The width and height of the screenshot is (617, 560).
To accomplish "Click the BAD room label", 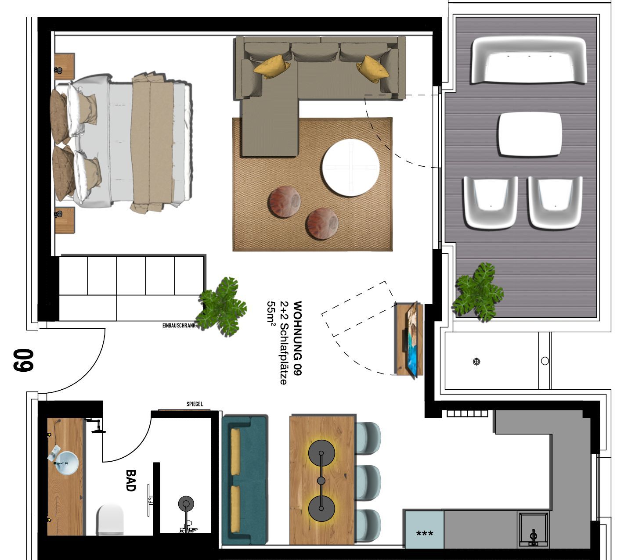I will pos(130,481).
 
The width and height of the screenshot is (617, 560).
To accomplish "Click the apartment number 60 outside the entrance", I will pos(23,361).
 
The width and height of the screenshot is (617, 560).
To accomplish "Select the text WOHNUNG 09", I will pos(297,338).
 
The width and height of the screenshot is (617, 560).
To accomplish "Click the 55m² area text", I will pos(271,312).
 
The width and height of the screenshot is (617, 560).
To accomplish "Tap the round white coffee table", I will pos(350,168).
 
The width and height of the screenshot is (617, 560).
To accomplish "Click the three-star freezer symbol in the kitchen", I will pos(424,534).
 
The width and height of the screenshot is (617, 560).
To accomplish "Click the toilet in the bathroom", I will pos(110,520).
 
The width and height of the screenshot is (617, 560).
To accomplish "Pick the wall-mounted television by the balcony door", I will pos(411,339).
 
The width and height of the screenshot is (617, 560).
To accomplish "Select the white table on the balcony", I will pos(530,135).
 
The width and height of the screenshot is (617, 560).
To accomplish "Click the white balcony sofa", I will pos(528,60).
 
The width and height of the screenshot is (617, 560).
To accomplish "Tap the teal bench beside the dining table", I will pos(244,480).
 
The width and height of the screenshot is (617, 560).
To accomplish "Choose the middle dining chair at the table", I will pos(367,482).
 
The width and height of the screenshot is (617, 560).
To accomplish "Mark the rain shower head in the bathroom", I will pos(186,504).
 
